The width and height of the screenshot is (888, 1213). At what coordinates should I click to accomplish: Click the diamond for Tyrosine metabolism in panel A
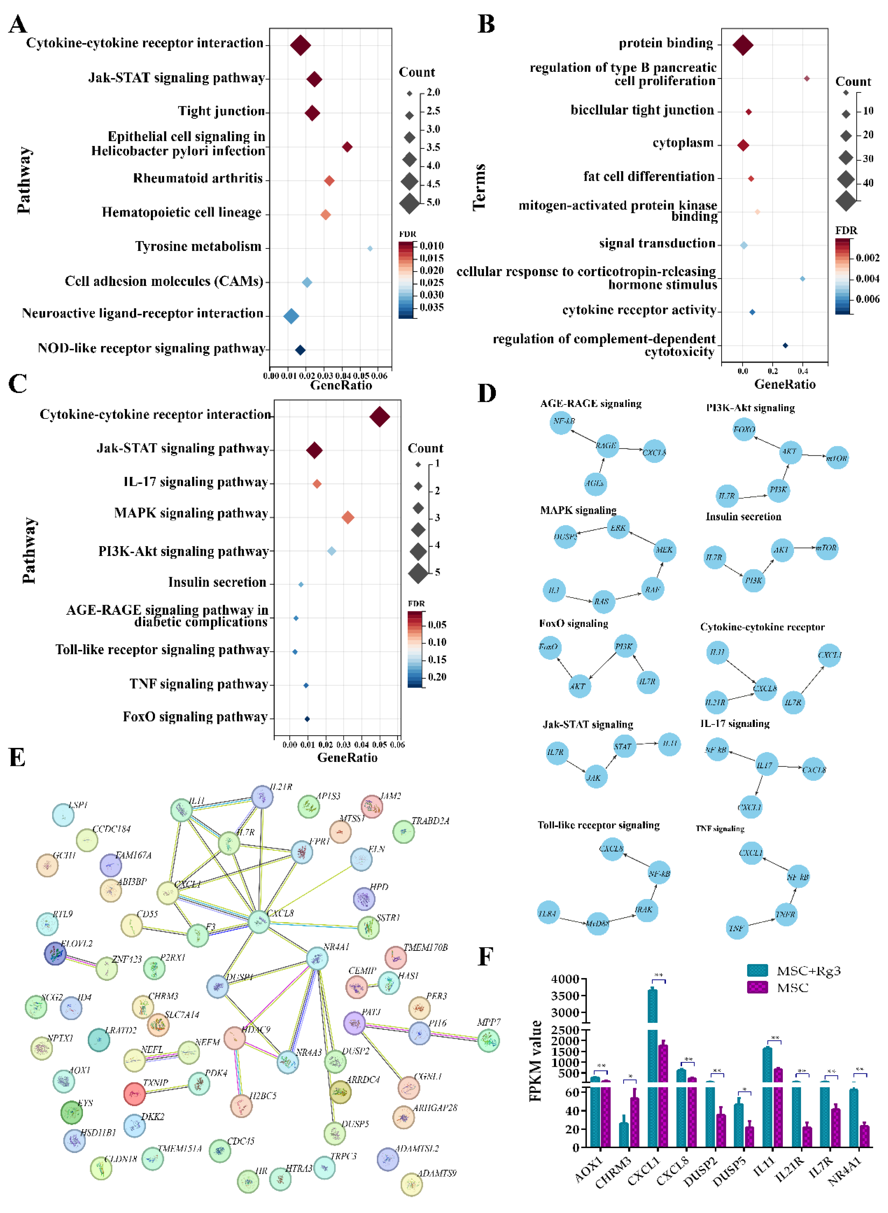pos(370,248)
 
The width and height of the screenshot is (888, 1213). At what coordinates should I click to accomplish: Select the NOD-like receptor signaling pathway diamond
pos(300,350)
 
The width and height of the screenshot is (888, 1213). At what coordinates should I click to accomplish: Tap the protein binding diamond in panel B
pos(743,45)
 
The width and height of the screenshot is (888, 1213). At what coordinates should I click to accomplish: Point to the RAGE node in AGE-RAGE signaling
pos(606,446)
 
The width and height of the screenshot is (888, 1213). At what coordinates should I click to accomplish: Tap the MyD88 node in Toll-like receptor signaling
pos(597,923)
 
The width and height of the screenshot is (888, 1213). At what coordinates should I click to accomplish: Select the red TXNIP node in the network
pos(134,1093)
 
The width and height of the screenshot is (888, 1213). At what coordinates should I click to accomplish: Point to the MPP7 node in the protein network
pos(488,1041)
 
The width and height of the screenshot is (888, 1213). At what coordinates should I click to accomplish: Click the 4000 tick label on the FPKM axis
pos(565,979)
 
